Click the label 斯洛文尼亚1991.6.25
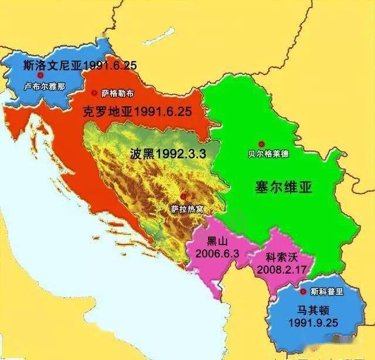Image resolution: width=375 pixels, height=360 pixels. pyautogui.click(x=79, y=65)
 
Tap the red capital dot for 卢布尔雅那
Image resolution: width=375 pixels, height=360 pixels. pyautogui.click(x=40, y=76)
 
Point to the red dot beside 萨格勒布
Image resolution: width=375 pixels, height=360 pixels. pyautogui.click(x=95, y=93)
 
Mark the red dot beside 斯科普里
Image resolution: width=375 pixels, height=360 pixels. pyautogui.click(x=303, y=291)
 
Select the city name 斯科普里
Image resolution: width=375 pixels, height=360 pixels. pyautogui.click(x=325, y=291)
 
